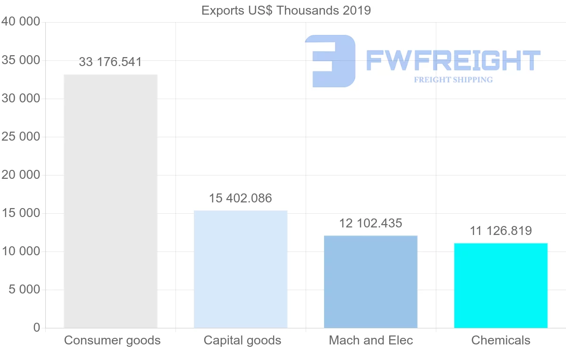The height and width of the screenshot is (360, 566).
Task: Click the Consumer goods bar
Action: (x=110, y=201)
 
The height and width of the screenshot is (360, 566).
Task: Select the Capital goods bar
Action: (x=241, y=269)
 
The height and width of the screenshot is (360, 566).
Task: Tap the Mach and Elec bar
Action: (x=371, y=282)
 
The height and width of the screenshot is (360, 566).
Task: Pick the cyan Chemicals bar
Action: (x=501, y=285)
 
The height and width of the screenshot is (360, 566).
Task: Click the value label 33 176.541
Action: (x=110, y=62)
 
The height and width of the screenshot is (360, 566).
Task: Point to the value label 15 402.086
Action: (x=241, y=198)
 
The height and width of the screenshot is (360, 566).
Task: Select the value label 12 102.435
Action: (x=371, y=223)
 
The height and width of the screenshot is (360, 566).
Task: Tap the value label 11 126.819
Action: (x=501, y=231)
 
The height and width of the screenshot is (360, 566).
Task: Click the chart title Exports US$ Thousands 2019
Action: (x=286, y=10)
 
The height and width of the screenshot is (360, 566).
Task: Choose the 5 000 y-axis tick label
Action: (x=25, y=290)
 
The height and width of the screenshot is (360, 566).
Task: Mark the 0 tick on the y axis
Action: (x=37, y=328)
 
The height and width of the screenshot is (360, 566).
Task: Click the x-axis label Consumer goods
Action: (x=112, y=340)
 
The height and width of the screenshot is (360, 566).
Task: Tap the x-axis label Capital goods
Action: (x=242, y=340)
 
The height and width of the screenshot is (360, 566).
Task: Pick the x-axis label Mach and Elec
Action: (x=371, y=340)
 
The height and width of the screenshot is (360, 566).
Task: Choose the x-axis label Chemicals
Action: (x=501, y=340)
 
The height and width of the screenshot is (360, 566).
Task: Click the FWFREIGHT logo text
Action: (x=453, y=60)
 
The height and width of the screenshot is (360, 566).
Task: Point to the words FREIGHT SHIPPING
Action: (x=453, y=80)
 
